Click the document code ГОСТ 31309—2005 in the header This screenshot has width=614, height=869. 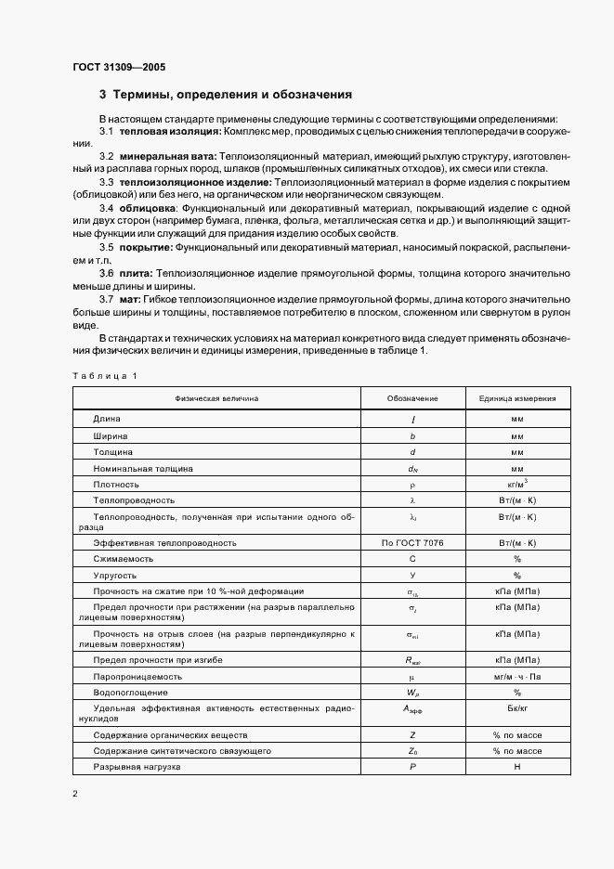coord(119,67)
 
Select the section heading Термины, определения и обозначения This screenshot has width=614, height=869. coord(232,95)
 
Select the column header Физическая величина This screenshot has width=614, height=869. coord(216,397)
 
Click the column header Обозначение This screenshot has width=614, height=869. coord(412,397)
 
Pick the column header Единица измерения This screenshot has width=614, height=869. coord(517,397)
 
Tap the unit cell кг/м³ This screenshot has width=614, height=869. coord(517,483)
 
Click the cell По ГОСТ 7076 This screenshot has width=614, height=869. coord(412,542)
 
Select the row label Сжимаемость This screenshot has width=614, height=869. coord(123,559)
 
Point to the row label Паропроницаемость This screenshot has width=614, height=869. coord(131,677)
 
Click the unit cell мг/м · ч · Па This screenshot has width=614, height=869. coord(517,677)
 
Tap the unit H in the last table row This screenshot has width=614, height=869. coord(517,766)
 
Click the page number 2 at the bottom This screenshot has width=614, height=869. coord(74,794)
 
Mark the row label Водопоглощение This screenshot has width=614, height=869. coord(130,693)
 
